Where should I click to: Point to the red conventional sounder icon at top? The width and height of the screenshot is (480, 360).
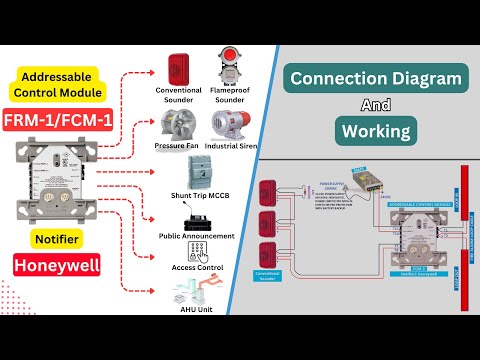click(179, 68)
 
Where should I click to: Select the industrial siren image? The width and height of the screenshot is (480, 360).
click(234, 127)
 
